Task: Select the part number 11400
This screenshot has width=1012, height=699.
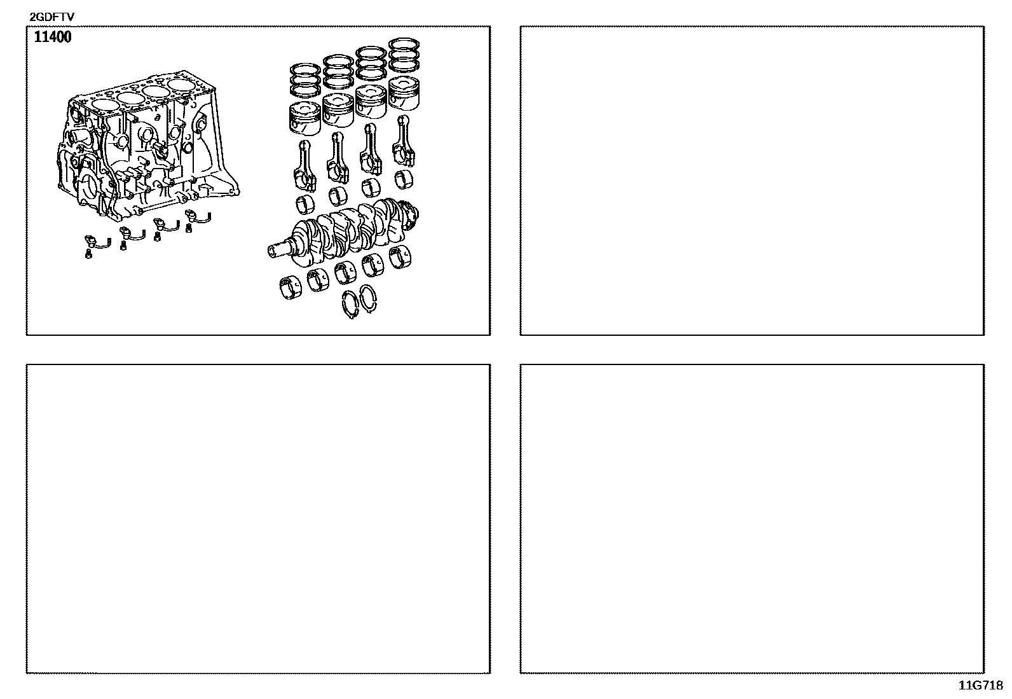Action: (x=53, y=37)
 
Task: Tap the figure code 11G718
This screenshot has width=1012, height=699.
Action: (x=981, y=686)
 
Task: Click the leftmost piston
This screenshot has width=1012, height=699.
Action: (x=304, y=118)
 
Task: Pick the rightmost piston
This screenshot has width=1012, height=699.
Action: (x=404, y=93)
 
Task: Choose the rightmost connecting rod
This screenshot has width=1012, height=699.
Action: (x=404, y=141)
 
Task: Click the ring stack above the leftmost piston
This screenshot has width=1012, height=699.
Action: (x=305, y=80)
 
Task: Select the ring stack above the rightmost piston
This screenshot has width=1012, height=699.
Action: (x=404, y=55)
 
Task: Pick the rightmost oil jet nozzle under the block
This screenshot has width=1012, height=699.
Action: (x=198, y=217)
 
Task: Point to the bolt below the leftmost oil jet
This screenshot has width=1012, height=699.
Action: (x=88, y=255)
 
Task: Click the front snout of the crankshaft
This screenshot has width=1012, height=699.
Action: (x=279, y=249)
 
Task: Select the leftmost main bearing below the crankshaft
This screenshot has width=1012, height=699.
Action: (x=291, y=287)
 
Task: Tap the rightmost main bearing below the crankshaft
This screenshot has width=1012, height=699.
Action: (x=400, y=258)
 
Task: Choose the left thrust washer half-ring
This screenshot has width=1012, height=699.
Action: (x=350, y=304)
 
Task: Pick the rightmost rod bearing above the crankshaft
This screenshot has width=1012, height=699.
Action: (x=403, y=179)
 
